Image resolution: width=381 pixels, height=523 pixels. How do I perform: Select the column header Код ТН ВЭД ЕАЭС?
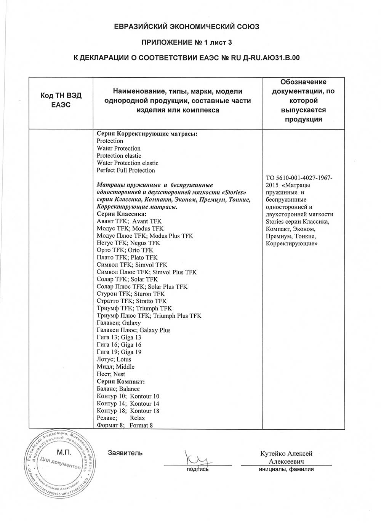tap(61, 100)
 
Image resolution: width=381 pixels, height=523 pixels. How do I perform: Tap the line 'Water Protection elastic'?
tap(125, 163)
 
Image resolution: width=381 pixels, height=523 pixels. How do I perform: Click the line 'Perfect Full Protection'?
tap(126, 170)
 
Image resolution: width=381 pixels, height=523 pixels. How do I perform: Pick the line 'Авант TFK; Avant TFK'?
tap(129, 221)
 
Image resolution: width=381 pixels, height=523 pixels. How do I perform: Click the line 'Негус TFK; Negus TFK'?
tap(128, 243)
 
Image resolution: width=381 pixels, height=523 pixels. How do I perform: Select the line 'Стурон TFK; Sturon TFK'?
tap(131, 294)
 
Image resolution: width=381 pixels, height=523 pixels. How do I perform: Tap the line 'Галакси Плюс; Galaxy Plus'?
tap(133, 330)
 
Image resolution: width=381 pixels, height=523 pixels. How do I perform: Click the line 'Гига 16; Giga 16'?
tap(119, 345)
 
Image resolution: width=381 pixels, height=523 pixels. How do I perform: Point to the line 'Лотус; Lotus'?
tap(114, 359)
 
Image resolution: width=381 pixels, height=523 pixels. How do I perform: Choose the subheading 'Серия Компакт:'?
tap(121, 381)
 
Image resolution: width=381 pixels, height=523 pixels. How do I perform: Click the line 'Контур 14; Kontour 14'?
tap(128, 403)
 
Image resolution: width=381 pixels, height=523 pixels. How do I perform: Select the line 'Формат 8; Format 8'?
tap(125, 425)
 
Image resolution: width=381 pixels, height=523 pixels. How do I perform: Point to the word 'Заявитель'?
tap(125, 453)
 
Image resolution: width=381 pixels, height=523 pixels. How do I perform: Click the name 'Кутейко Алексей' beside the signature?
tap(286, 454)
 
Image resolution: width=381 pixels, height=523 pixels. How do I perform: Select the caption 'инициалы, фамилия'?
tap(286, 469)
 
